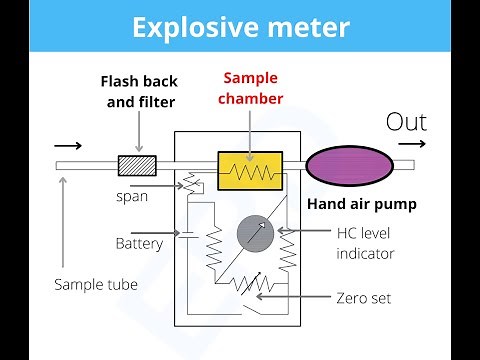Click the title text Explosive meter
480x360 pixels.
tap(239, 26)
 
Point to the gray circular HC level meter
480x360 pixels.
tap(255, 232)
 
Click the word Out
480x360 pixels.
tap(405, 122)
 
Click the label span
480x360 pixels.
tap(131, 196)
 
